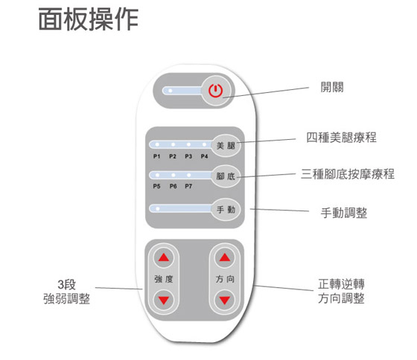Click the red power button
215,91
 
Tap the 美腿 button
226,145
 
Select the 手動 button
226,210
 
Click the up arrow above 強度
164,257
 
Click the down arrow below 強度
164,300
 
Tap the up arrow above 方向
225,257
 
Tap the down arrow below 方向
225,300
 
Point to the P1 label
156,156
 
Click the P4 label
204,156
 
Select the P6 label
173,186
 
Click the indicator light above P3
188,144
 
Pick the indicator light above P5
157,175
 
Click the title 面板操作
89,19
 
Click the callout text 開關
332,87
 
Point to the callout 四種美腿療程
341,138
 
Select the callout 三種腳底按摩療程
348,174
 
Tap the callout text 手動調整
344,213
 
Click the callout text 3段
67,285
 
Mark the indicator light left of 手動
157,208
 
